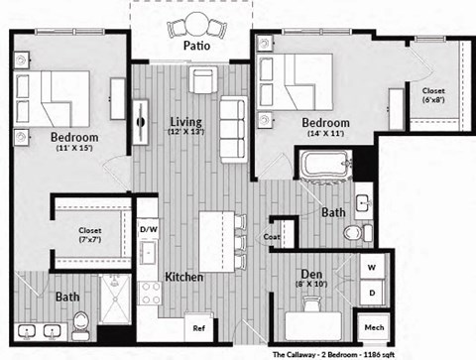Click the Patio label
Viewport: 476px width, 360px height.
[194, 45]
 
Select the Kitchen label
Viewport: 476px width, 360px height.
[184, 277]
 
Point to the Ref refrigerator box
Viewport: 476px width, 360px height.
[199, 328]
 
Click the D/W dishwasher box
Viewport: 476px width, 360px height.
[148, 230]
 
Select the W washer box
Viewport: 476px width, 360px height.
[373, 268]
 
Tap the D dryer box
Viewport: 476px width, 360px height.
[373, 295]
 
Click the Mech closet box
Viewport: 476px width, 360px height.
[374, 327]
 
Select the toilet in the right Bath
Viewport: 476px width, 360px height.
[355, 233]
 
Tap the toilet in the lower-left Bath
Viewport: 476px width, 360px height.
[81, 321]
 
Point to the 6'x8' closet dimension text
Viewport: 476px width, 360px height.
[433, 101]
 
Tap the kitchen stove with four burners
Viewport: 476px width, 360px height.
[150, 292]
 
